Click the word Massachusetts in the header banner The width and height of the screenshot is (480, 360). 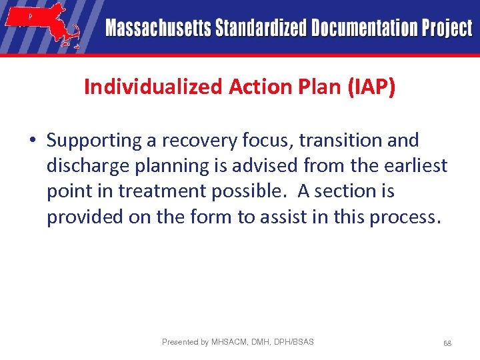(157, 29)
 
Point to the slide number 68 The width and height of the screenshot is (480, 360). (447, 343)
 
